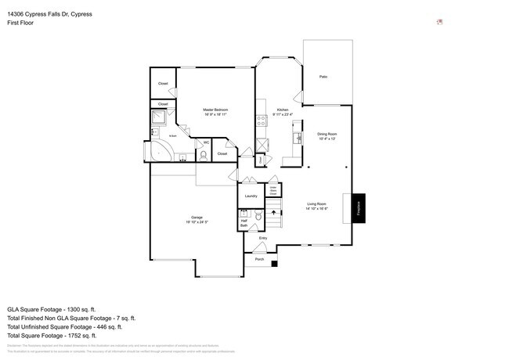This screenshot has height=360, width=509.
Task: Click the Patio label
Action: [x=323, y=77]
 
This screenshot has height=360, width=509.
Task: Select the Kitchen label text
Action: [x=282, y=112]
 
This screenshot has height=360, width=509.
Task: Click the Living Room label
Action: [x=316, y=206]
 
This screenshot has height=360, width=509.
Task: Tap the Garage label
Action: [x=197, y=219]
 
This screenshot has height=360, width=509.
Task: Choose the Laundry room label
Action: [x=251, y=196]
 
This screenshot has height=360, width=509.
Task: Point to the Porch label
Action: [x=259, y=257]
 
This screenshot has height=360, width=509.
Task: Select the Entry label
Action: [x=263, y=238]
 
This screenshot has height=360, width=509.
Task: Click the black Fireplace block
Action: [x=359, y=208]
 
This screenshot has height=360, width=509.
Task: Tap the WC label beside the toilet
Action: [x=206, y=142]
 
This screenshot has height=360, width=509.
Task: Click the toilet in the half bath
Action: [x=244, y=212]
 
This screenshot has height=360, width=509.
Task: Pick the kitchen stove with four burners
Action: [x=259, y=121]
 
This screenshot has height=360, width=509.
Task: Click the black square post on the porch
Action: [x=275, y=264]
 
